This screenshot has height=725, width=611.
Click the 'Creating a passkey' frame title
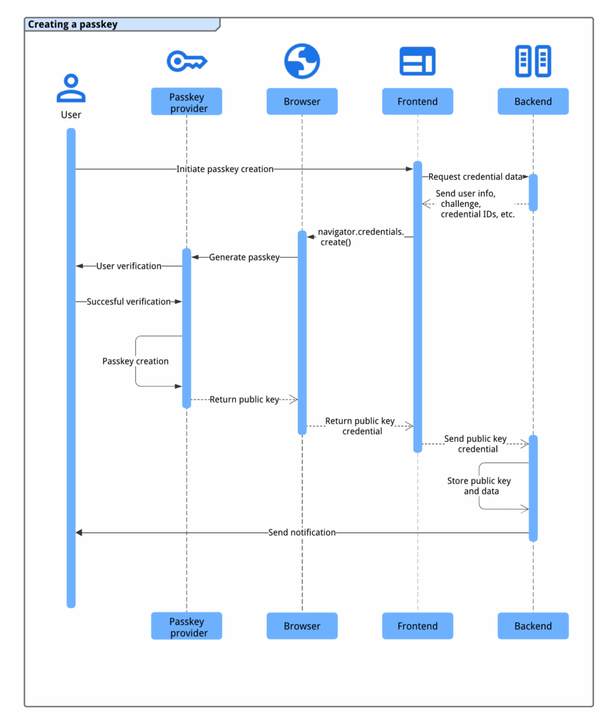73,25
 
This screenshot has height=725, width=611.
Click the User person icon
71,89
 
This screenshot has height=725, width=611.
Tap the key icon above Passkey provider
186,62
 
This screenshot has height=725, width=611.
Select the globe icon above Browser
302,61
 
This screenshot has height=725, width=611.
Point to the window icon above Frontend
417,62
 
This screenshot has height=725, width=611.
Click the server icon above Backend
532,62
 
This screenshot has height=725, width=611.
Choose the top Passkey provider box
187,102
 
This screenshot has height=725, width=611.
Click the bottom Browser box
302,626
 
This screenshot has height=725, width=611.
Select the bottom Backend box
532,626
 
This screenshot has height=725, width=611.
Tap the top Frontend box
417,102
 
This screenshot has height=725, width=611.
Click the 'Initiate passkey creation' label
225,169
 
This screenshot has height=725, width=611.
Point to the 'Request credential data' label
475,177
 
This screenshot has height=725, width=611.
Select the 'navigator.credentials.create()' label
360,236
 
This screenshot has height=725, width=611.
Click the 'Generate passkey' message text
244,257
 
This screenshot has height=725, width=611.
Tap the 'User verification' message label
129,266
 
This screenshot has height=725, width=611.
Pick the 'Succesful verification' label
129,302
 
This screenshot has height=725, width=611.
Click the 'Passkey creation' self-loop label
135,361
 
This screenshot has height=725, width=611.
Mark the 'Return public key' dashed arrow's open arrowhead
292,399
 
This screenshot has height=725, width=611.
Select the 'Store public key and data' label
479,486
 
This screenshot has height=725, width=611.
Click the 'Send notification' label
302,532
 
